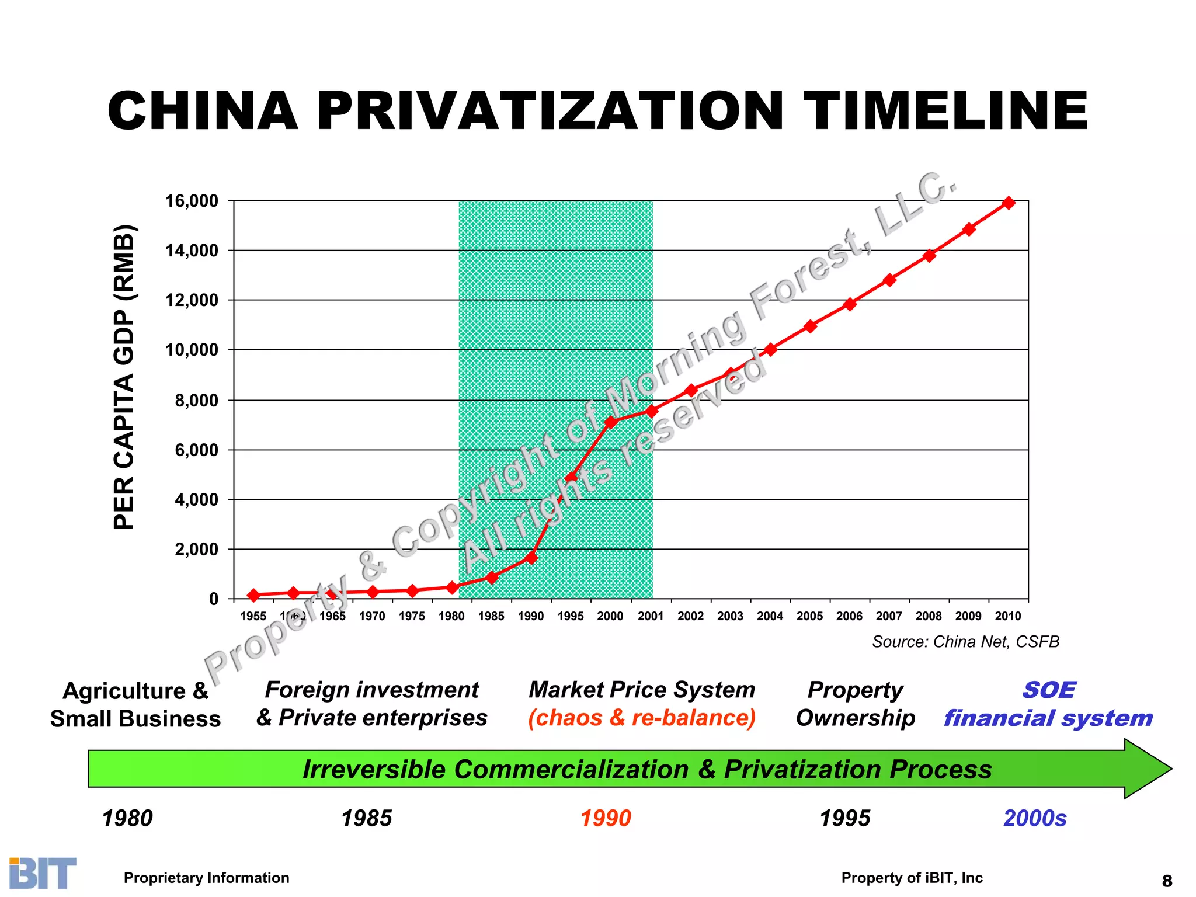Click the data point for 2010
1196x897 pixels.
[x=1009, y=203]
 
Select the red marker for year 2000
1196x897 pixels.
[x=611, y=422]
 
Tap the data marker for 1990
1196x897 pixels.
[x=531, y=558]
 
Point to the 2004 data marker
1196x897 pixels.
[x=770, y=349]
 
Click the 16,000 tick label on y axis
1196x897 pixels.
[x=192, y=201]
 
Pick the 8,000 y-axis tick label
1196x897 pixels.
[x=196, y=401]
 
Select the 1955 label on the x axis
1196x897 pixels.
[x=253, y=616]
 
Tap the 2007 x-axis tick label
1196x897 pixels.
[x=889, y=616]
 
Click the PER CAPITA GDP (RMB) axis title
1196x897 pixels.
[x=124, y=377]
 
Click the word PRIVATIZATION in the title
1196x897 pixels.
[x=550, y=111]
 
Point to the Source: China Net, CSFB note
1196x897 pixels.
[x=965, y=642]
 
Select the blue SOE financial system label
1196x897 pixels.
[x=1048, y=704]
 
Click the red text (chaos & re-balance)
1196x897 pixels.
[x=642, y=718]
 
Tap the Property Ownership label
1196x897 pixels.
[x=856, y=704]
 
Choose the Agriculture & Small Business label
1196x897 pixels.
[x=135, y=705]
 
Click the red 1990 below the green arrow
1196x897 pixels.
[x=606, y=818]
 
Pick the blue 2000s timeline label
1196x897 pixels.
[x=1035, y=818]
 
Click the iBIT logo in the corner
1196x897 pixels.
[x=43, y=873]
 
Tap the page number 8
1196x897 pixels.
[x=1167, y=880]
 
